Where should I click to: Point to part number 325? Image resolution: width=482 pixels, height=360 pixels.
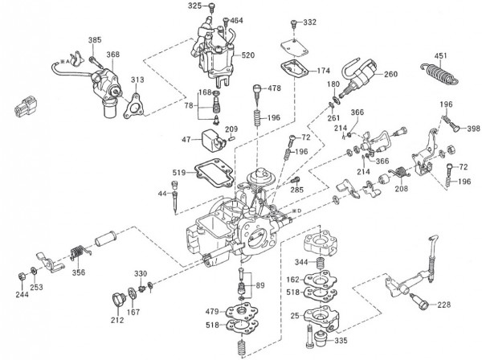coord(195,6)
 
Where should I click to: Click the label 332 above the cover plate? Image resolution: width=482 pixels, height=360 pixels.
coord(310,22)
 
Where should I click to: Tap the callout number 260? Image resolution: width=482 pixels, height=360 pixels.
coord(390,75)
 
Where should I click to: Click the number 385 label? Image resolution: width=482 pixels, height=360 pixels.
coord(95,40)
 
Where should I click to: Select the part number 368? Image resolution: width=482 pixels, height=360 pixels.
coord(112,55)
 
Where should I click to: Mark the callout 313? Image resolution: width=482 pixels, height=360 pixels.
coord(138,80)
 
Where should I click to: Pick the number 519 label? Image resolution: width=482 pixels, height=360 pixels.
coord(178,173)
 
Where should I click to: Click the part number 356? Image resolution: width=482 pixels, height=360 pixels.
coord(78,272)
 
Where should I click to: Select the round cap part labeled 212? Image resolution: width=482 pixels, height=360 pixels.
coord(118,301)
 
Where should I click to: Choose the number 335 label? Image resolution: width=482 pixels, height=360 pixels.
coord(341,340)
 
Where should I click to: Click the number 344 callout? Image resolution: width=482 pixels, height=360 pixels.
coord(299,262)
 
